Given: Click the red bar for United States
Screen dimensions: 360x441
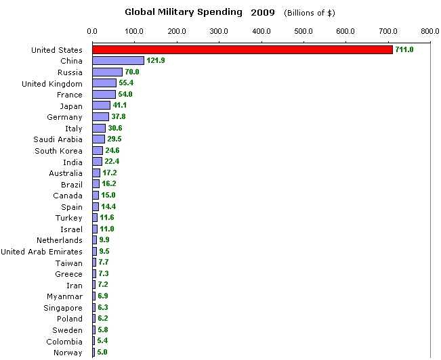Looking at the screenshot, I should (x=243, y=49).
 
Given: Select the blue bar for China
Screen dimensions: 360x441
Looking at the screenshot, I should (x=118, y=61).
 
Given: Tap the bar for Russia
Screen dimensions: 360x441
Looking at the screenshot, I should (x=107, y=72).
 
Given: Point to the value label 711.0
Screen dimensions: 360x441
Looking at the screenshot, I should (x=404, y=49).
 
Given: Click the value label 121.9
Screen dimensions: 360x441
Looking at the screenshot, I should (x=156, y=61).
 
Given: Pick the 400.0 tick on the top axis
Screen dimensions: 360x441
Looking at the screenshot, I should (x=261, y=30).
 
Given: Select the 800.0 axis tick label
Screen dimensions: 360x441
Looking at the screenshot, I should (x=429, y=30).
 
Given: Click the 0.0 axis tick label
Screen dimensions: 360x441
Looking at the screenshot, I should (x=92, y=30).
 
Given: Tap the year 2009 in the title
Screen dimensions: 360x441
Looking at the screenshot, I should (x=264, y=12).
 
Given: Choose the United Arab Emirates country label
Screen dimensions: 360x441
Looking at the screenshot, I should (x=41, y=252).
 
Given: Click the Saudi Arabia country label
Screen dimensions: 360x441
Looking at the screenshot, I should (x=58, y=139).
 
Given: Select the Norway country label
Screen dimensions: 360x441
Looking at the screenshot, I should (x=68, y=353).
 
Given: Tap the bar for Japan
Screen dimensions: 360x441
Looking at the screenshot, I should (x=101, y=106).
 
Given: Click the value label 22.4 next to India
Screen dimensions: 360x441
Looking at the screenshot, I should (x=112, y=162).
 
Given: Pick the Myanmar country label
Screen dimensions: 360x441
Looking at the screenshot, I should (x=64, y=296).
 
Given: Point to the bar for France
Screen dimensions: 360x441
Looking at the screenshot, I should (x=104, y=94).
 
